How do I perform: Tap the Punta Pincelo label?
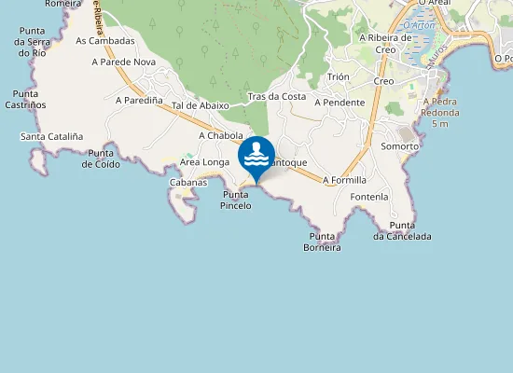[237, 200]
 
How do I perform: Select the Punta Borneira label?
[323, 242]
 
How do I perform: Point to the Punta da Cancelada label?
[402, 230]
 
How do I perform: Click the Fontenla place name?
[369, 198]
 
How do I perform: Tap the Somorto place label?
[400, 146]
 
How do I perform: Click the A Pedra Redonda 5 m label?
[442, 113]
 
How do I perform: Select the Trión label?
[339, 77]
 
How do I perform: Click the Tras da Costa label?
[277, 97]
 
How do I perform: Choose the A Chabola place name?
[221, 135]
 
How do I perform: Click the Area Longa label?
[204, 162]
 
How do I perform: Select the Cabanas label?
[187, 182]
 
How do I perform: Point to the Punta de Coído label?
[100, 159]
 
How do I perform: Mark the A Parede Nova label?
[123, 62]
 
